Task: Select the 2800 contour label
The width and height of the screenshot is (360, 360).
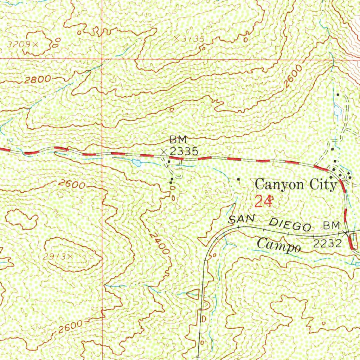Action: [x=38, y=79]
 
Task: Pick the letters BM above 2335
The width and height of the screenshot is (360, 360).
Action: [x=178, y=140]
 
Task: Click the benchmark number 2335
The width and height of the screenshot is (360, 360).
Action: [x=184, y=152]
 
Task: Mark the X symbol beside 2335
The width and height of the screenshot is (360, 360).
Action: [x=164, y=152]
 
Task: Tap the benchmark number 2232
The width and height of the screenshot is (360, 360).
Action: [x=327, y=244]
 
